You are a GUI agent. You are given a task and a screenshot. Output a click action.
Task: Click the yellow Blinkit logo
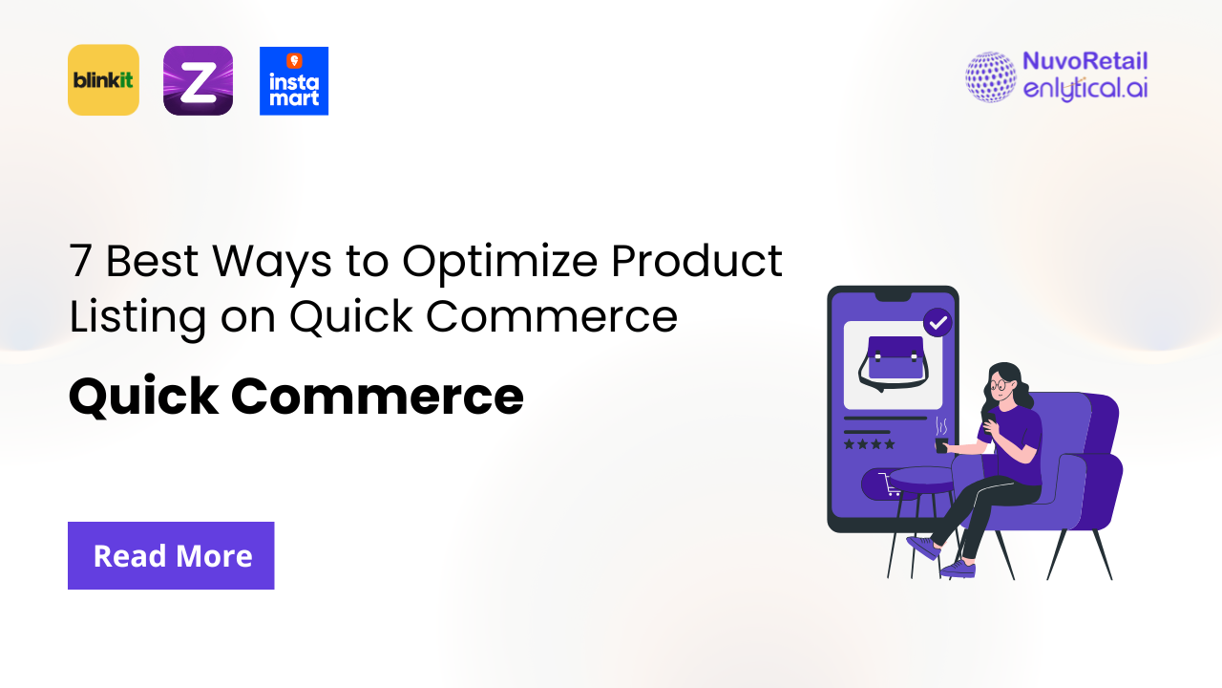[103, 80]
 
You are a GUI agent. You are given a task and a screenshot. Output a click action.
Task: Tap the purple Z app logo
[198, 80]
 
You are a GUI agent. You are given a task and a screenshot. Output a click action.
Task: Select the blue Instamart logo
[294, 81]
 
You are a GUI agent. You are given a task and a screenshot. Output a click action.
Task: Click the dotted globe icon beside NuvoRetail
[990, 76]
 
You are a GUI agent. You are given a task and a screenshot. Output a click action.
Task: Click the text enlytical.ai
[1085, 90]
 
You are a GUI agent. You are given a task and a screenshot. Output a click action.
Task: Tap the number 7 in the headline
[80, 261]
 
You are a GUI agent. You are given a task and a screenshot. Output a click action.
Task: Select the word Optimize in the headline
[498, 261]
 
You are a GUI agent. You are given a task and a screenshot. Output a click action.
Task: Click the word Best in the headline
[150, 261]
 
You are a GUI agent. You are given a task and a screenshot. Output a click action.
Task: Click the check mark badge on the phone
[938, 323]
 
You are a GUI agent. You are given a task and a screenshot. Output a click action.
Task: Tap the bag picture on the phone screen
[893, 363]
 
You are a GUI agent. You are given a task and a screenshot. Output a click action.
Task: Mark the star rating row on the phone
[869, 444]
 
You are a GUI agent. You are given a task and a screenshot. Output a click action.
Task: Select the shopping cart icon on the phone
[892, 485]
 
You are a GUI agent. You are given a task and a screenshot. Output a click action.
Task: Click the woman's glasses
[998, 386]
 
